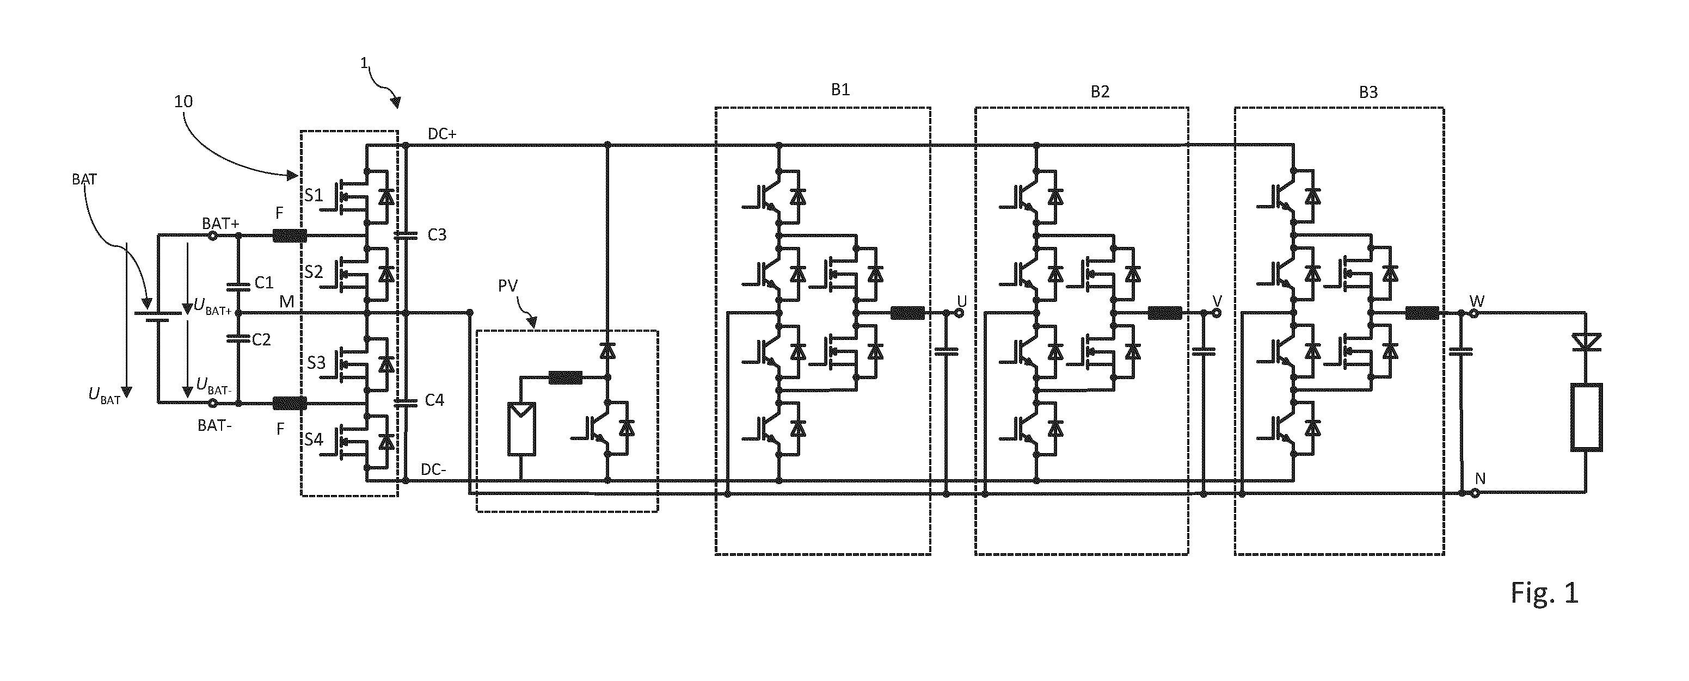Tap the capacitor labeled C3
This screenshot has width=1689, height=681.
click(x=406, y=234)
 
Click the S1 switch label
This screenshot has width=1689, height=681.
click(x=314, y=195)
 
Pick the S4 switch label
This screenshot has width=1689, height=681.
click(x=314, y=439)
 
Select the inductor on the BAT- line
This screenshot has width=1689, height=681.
click(x=289, y=403)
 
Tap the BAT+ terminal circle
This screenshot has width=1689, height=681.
click(x=212, y=236)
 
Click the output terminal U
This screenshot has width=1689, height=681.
click(x=959, y=313)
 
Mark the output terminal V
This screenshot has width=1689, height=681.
click(x=1217, y=313)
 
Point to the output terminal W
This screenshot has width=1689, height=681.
click(x=1475, y=313)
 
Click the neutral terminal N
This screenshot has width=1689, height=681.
click(x=1475, y=493)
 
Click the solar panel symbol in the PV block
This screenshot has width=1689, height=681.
click(x=521, y=429)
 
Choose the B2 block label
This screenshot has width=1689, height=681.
click(x=1100, y=92)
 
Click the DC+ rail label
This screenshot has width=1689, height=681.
click(x=443, y=134)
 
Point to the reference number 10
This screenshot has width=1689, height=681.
click(x=183, y=102)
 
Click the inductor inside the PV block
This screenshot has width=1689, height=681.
click(x=565, y=377)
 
